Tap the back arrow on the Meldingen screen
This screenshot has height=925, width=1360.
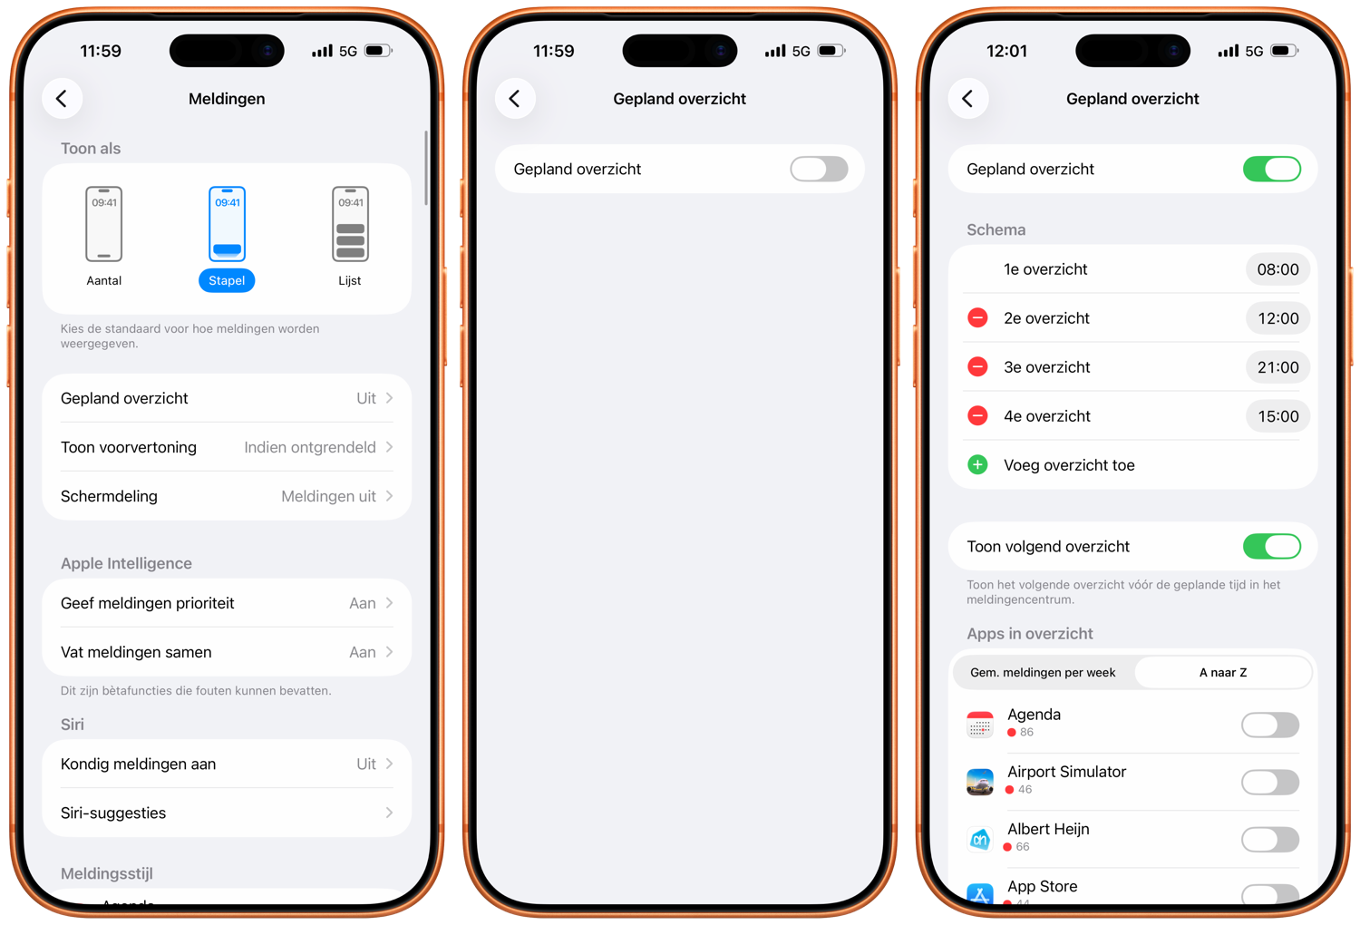tap(62, 98)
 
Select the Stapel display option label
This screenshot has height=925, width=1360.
tap(227, 280)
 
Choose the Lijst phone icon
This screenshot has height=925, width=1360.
tap(350, 224)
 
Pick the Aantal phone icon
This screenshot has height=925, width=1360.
tap(104, 224)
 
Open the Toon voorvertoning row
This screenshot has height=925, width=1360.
tap(227, 448)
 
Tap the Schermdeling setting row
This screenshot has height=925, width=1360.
tap(227, 496)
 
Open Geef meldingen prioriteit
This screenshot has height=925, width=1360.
tap(227, 603)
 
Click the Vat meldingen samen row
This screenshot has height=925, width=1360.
tap(227, 652)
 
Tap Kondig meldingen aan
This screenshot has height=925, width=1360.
tap(227, 764)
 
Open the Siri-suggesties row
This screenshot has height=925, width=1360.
tap(227, 813)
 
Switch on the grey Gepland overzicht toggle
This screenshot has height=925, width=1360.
tap(819, 169)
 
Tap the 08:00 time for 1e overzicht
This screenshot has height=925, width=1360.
tap(1277, 269)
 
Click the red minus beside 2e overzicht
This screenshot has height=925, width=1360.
tap(977, 317)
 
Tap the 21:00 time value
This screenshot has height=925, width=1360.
tap(1277, 367)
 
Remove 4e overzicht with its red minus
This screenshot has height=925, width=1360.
tap(977, 416)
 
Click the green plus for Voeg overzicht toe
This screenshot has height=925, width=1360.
tap(977, 465)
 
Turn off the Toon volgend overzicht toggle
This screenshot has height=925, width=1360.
tap(1272, 547)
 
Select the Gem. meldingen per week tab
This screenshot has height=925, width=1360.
tap(1043, 672)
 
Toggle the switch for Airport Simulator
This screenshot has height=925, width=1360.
tap(1270, 783)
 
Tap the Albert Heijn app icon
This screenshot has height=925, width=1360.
tap(980, 840)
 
